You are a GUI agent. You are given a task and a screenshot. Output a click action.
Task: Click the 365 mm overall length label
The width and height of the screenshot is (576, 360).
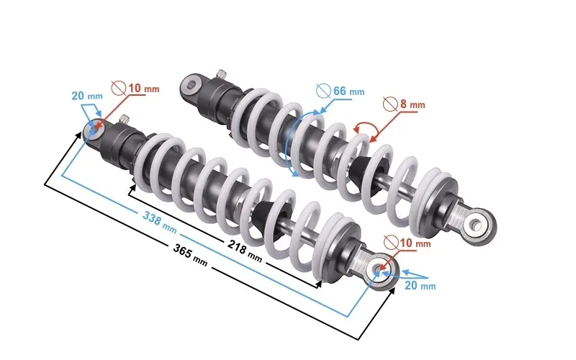point(190,256)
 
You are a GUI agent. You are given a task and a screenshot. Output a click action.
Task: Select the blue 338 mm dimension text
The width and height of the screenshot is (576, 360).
point(160,222)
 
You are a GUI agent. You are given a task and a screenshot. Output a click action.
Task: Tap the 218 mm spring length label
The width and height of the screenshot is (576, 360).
point(245,251)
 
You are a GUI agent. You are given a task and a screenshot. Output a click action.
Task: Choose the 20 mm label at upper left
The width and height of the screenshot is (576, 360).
point(87,96)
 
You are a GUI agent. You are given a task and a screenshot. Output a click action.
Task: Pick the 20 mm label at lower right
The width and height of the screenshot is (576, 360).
point(420,285)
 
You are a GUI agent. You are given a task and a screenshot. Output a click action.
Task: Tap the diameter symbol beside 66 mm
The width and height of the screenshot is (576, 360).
point(323,91)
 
